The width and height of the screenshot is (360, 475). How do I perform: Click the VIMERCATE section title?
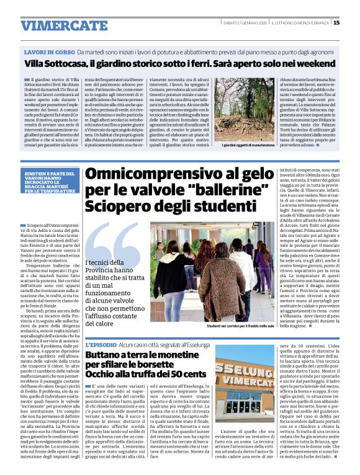(x=56, y=26)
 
